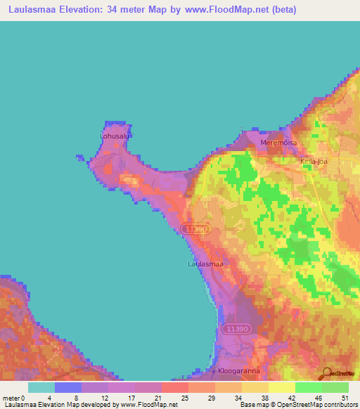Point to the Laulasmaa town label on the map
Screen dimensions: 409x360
click(x=206, y=265)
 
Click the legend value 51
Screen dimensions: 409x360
click(x=345, y=397)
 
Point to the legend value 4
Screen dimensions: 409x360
click(x=49, y=397)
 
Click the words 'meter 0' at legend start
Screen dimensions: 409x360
click(x=13, y=397)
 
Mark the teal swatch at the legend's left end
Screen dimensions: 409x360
click(x=41, y=387)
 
